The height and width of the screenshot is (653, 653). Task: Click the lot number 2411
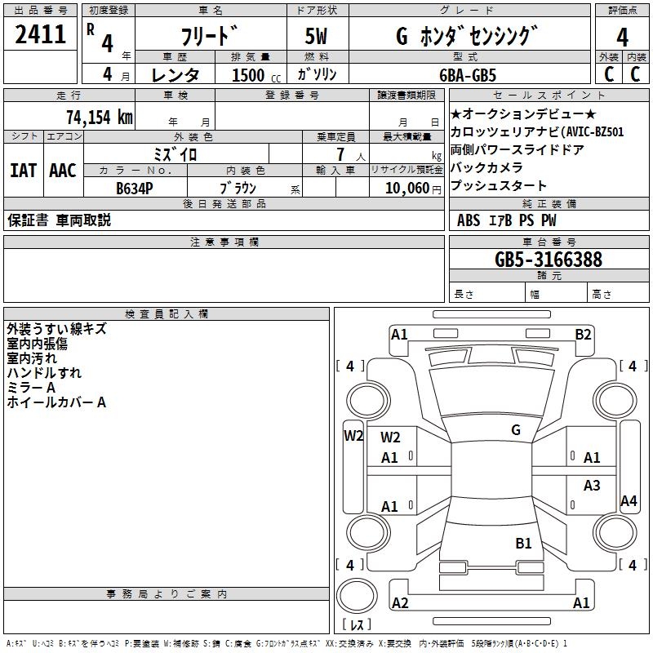(x=40, y=34)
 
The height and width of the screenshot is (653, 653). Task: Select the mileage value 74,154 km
(x=100, y=118)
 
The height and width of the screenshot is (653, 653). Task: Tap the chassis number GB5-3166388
(x=549, y=260)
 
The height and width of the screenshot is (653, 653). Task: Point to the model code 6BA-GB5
(x=468, y=75)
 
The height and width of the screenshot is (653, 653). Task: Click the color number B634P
(x=135, y=189)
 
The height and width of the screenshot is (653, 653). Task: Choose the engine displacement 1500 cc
(x=256, y=75)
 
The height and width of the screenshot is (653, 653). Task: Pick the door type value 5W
(x=316, y=36)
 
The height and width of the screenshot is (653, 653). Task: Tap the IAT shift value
(x=23, y=171)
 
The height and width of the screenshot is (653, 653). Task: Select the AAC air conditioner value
(x=63, y=171)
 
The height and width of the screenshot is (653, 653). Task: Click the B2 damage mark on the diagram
(x=583, y=335)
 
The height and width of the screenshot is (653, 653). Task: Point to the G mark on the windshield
(x=516, y=430)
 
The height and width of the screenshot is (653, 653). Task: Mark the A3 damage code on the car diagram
(x=592, y=485)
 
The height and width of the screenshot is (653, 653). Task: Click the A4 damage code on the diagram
(x=629, y=501)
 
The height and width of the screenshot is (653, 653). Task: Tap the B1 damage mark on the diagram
(x=523, y=544)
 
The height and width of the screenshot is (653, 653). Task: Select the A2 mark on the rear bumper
(x=400, y=603)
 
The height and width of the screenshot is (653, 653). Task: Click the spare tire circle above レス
(x=357, y=595)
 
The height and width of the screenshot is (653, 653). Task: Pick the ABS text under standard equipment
(x=469, y=220)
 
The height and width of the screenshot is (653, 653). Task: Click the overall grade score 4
(x=622, y=37)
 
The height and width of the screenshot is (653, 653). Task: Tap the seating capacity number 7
(x=340, y=154)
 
